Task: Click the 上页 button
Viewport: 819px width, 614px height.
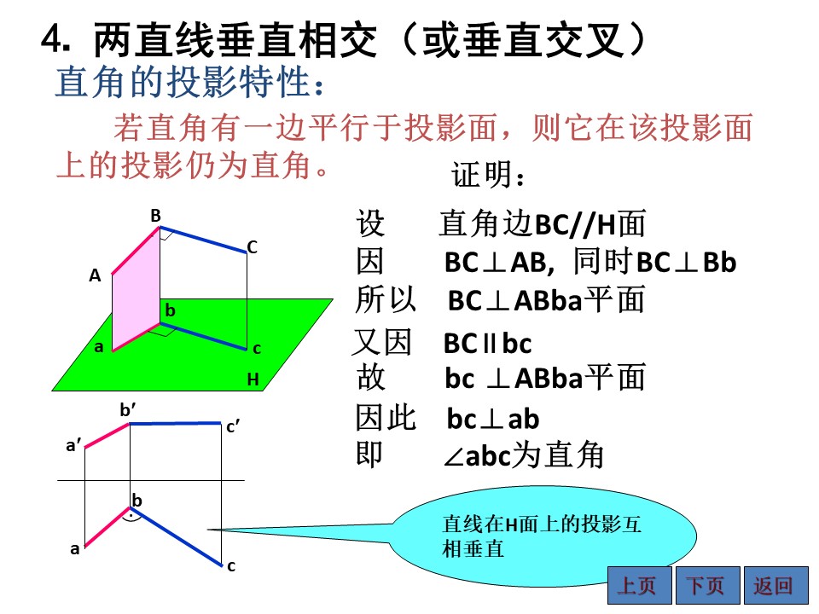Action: coord(639,585)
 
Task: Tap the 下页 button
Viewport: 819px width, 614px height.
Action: coord(707,585)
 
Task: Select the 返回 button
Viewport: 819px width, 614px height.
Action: coord(775,585)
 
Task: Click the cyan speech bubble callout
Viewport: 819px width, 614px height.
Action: coord(543,536)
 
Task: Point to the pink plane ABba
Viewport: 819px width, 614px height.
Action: coord(136,289)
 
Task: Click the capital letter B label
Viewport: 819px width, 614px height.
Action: coord(155,216)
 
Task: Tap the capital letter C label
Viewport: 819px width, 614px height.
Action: coord(253,247)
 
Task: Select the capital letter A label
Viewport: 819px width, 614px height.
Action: coord(95,275)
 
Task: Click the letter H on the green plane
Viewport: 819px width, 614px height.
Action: coord(253,379)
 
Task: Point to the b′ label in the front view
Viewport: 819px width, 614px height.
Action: coord(128,410)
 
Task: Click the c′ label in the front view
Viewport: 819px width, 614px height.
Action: coord(233,427)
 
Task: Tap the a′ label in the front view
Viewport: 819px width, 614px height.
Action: coord(73,445)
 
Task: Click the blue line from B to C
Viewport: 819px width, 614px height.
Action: coord(203,240)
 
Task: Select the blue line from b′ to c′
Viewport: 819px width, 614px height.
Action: coord(176,424)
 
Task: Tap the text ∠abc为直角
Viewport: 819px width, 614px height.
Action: coord(523,455)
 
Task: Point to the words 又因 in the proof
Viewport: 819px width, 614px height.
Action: coord(382,342)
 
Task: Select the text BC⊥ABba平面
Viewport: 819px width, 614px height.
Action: coord(546,300)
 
